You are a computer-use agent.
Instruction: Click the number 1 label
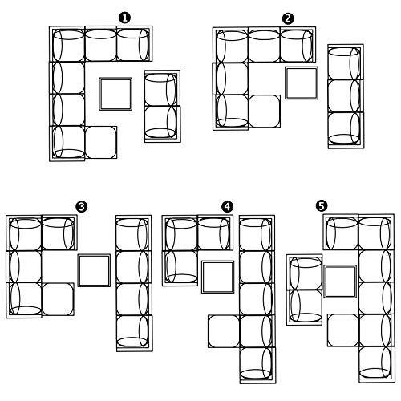click(x=124, y=18)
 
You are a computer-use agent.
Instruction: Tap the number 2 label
click(x=288, y=19)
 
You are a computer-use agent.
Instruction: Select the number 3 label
click(x=81, y=207)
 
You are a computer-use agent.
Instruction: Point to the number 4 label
click(x=227, y=207)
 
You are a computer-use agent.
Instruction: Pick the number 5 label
click(x=322, y=206)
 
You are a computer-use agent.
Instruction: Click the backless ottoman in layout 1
click(x=101, y=142)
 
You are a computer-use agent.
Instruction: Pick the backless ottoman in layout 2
click(x=265, y=111)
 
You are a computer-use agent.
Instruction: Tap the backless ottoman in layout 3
click(x=58, y=299)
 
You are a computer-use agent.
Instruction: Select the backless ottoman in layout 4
click(x=224, y=331)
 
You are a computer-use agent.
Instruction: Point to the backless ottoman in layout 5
click(x=343, y=330)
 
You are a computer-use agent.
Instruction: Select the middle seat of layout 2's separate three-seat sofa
click(x=346, y=96)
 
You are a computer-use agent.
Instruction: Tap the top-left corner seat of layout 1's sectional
click(x=67, y=44)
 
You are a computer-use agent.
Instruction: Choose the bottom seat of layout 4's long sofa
click(x=257, y=365)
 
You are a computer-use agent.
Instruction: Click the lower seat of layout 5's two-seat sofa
click(x=305, y=307)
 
